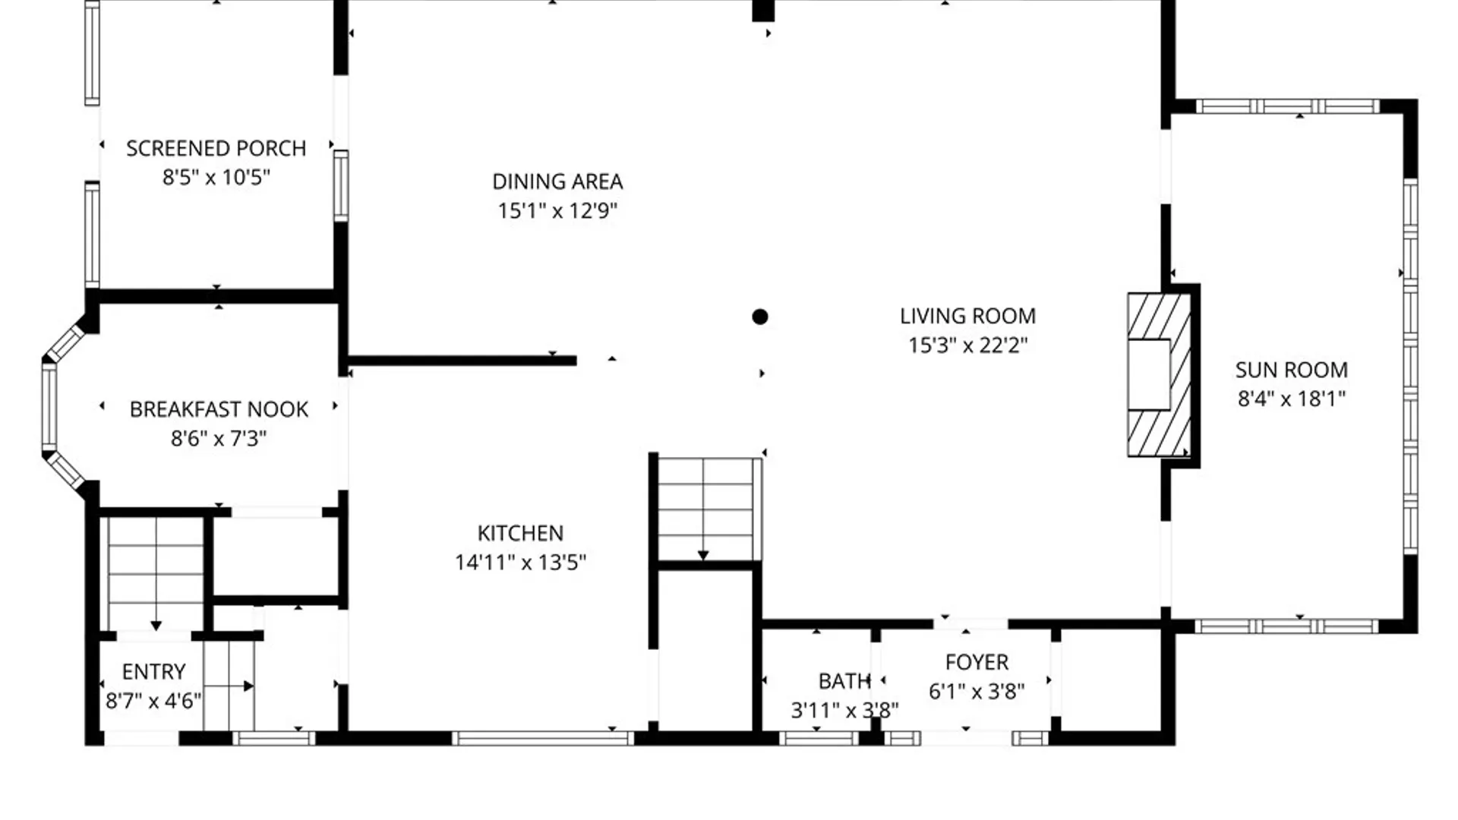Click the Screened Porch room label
click(x=216, y=148)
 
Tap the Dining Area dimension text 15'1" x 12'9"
click(x=557, y=210)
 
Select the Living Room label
click(x=967, y=316)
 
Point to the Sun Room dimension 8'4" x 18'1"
click(x=1291, y=399)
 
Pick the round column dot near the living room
click(x=760, y=317)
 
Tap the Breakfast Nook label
click(x=219, y=409)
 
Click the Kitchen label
click(x=520, y=533)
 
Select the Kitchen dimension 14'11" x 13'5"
click(x=520, y=563)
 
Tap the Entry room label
click(x=153, y=672)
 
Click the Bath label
click(x=844, y=681)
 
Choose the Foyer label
click(x=977, y=662)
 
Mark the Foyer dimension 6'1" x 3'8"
click(x=977, y=692)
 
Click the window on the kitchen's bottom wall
click(x=542, y=737)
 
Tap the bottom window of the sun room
click(x=1286, y=626)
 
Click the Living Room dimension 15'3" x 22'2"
click(x=967, y=345)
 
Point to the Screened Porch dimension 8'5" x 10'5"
click(x=216, y=178)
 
